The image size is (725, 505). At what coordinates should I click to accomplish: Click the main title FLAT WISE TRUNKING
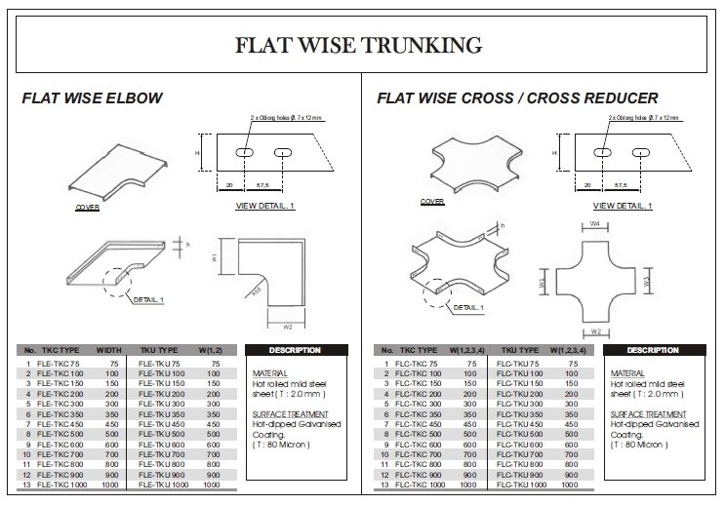coord(360,45)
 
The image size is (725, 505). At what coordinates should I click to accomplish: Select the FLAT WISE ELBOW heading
coord(92,98)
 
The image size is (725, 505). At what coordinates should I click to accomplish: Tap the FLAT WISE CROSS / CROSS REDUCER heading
coord(517,98)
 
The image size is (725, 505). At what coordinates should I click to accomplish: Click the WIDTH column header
coord(108,350)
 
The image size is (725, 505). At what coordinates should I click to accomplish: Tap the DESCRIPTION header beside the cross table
coord(652,350)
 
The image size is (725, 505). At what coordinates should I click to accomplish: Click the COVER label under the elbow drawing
coord(87,208)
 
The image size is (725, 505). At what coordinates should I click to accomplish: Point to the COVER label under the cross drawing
coord(432,202)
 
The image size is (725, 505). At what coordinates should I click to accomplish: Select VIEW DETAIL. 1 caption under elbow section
coord(264,207)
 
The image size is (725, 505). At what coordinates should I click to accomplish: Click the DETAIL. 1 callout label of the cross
coord(467,307)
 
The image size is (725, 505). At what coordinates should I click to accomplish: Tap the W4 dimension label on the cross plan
coord(595,224)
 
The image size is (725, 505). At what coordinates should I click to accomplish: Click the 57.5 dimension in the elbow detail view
coord(262,184)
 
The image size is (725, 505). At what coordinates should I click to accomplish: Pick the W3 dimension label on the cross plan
coord(647,282)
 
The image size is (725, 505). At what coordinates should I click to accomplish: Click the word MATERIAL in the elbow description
coord(268,373)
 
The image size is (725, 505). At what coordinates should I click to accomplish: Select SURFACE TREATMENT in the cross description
coord(643,414)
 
